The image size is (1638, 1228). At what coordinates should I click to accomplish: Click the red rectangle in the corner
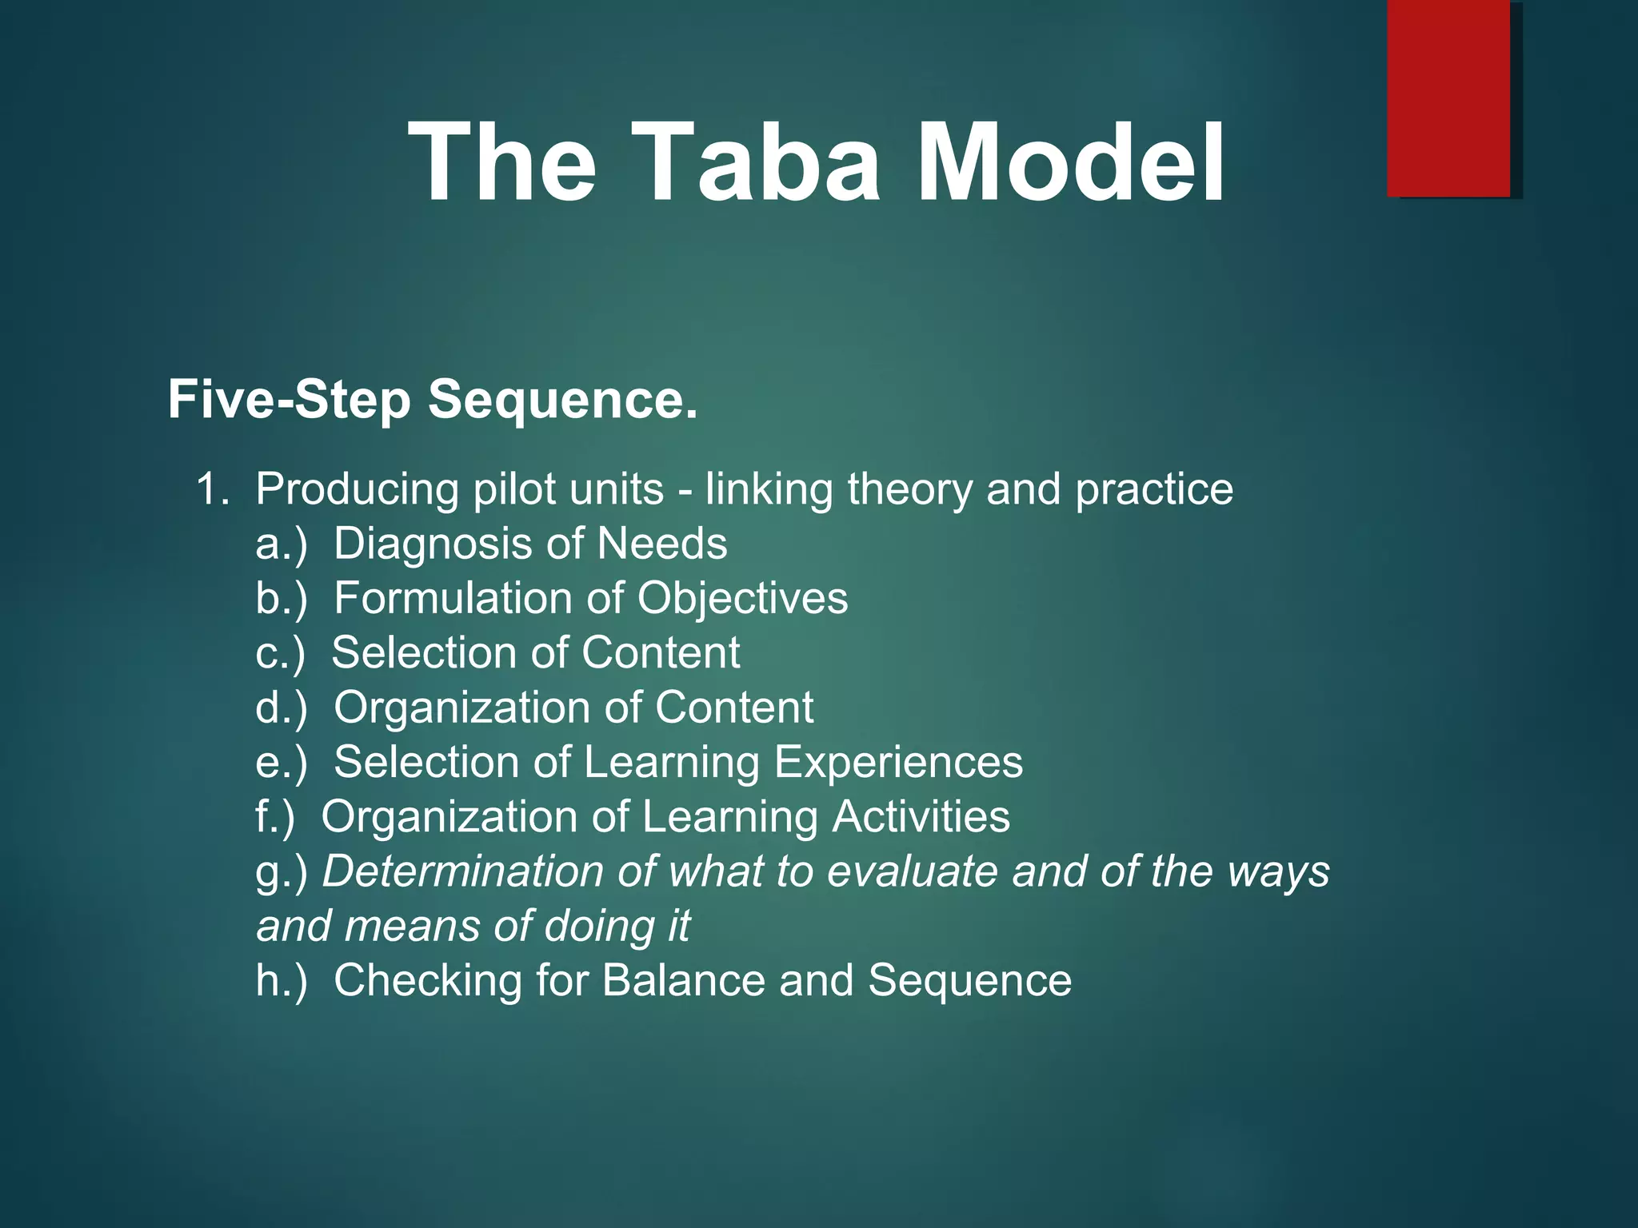pyautogui.click(x=1448, y=98)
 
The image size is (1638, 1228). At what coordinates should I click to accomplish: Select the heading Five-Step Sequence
pyautogui.click(x=433, y=399)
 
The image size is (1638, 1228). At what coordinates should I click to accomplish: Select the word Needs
pyautogui.click(x=662, y=544)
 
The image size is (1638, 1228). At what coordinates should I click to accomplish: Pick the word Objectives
pyautogui.click(x=742, y=599)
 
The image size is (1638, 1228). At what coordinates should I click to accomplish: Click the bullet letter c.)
pyautogui.click(x=281, y=653)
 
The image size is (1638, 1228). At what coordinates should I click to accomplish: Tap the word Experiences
pyautogui.click(x=898, y=762)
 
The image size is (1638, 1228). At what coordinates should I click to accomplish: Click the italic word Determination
pyautogui.click(x=462, y=871)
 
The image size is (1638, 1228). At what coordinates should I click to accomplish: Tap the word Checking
pyautogui.click(x=428, y=981)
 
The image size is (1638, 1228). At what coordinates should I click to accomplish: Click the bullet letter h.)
pyautogui.click(x=282, y=981)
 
